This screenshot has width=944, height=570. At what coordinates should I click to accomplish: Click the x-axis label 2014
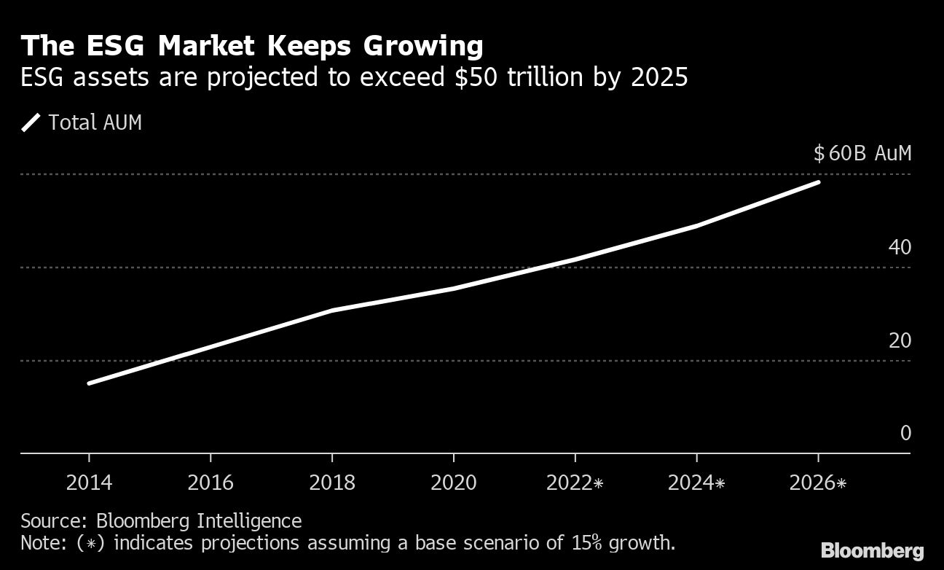(89, 483)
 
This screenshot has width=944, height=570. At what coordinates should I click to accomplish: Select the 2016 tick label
(211, 483)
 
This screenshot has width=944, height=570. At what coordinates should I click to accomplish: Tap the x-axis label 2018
(332, 483)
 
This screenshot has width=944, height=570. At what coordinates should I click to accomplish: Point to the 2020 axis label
(454, 483)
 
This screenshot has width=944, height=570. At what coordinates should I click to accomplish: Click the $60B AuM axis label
(862, 154)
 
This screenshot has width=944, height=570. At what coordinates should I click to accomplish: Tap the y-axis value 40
(900, 247)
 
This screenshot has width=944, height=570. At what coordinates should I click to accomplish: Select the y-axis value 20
(900, 340)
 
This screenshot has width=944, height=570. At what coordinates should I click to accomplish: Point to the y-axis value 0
(905, 433)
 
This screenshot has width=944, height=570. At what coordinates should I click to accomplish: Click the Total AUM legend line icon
(31, 122)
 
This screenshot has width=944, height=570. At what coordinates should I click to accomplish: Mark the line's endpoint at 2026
(819, 181)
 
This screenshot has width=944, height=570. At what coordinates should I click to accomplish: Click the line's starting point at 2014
(89, 383)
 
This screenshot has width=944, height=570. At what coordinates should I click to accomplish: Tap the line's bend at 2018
(332, 311)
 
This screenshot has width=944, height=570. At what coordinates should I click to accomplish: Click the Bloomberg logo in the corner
(872, 550)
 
